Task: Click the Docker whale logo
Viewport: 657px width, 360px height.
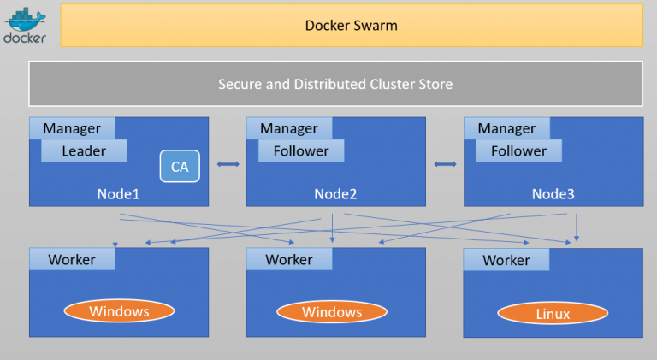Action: click(25, 25)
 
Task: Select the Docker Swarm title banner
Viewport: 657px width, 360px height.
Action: click(351, 26)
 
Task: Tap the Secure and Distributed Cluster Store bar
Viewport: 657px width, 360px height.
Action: click(334, 84)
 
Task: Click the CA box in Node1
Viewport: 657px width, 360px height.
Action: click(180, 167)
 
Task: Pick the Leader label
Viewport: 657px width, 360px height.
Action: click(84, 151)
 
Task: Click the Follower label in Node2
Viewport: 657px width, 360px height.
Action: click(300, 151)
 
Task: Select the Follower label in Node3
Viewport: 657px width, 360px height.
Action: click(518, 151)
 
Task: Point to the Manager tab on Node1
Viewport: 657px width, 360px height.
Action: click(72, 128)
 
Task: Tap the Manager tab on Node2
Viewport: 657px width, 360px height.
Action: click(289, 128)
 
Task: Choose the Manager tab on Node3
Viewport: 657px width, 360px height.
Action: click(506, 128)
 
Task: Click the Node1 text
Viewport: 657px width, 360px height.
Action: click(118, 194)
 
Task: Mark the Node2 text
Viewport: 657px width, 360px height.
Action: click(335, 194)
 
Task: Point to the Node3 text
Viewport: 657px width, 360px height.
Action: click(553, 194)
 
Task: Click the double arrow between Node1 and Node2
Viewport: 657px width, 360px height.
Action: click(228, 163)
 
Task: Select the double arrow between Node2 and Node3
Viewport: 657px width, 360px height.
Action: click(445, 163)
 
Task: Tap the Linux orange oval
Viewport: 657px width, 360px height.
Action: click(553, 314)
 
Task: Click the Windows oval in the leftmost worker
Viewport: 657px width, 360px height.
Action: click(119, 311)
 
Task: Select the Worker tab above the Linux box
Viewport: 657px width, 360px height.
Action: click(506, 260)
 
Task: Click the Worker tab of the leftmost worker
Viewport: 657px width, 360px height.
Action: click(72, 259)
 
